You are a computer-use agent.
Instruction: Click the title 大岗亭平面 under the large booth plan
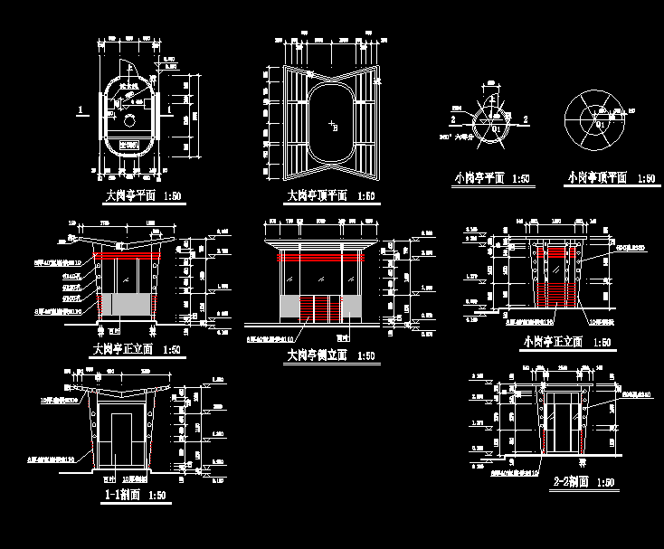(x=126, y=194)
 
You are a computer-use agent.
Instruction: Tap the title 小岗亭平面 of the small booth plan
(x=479, y=178)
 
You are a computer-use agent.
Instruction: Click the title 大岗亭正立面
(x=124, y=349)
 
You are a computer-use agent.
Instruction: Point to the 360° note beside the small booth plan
(x=461, y=137)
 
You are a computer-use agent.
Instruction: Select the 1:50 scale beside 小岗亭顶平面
(x=645, y=178)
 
